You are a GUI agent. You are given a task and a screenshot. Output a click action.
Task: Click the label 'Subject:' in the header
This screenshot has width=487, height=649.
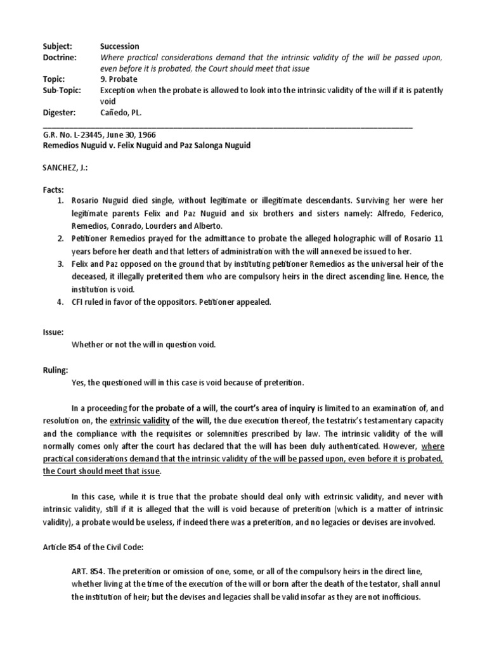57,46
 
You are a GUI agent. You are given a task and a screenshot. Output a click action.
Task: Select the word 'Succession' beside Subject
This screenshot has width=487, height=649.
119,46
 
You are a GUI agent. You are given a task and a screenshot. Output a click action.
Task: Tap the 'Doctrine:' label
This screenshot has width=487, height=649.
59,57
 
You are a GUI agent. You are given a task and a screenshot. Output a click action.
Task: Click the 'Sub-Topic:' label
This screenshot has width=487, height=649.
61,90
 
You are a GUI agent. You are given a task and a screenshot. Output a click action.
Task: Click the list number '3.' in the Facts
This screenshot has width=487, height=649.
60,263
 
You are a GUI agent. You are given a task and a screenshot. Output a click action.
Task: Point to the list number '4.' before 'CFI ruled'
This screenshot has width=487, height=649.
60,302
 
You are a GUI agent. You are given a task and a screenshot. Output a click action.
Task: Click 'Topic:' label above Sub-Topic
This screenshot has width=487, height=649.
54,79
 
